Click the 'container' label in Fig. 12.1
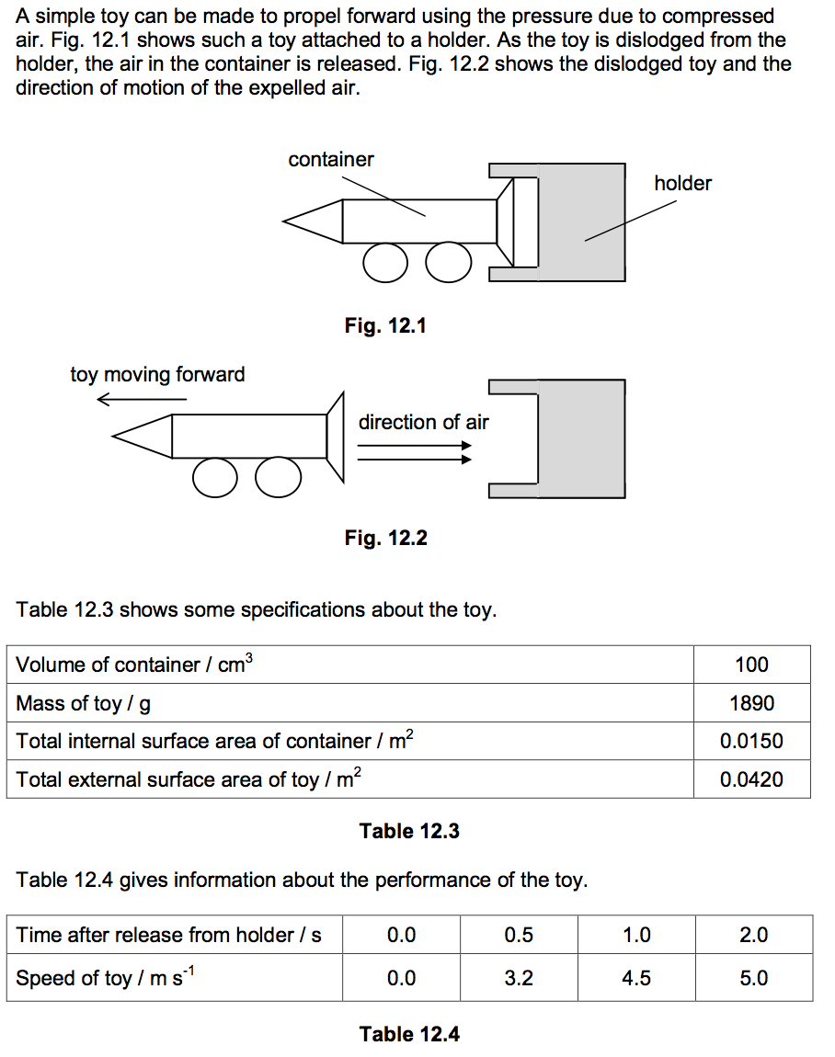[x=331, y=160]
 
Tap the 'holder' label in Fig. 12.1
[x=682, y=184]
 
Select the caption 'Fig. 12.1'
[x=385, y=325]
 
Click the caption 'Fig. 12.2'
[x=385, y=539]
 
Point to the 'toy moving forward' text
[x=157, y=375]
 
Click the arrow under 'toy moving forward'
[x=142, y=399]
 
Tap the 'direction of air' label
[x=423, y=423]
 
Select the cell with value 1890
[x=751, y=704]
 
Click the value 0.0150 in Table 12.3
[x=751, y=742]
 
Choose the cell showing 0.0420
[x=751, y=780]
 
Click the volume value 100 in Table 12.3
[x=751, y=665]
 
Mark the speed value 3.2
[x=519, y=979]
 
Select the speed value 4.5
[x=636, y=979]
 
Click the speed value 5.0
[x=753, y=979]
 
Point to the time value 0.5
[x=519, y=936]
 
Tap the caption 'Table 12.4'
[x=409, y=1035]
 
